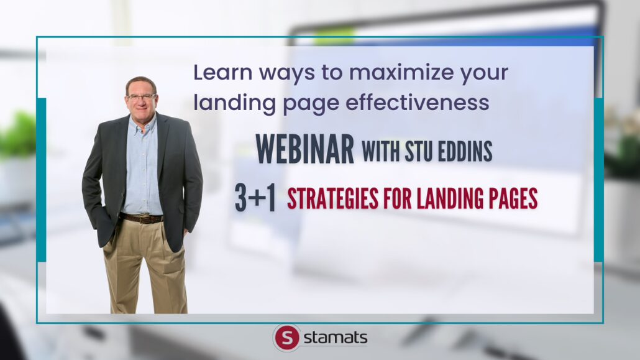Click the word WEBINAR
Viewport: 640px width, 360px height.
304,149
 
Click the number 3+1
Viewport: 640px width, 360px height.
255,198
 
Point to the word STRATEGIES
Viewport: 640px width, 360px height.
332,198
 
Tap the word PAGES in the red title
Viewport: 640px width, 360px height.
511,198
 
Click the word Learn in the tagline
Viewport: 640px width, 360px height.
223,72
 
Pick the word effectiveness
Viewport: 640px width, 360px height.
417,102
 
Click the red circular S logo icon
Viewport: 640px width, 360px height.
287,338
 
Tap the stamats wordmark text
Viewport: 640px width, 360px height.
336,338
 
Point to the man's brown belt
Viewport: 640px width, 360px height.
141,219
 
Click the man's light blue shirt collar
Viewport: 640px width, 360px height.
142,122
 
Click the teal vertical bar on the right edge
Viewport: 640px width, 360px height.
599,180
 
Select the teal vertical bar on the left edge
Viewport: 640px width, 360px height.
41,180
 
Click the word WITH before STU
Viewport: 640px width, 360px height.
381,150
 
